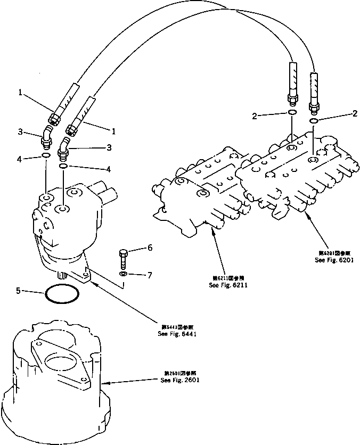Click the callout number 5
18,291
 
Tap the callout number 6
150,248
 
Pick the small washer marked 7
124,274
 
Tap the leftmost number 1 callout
20,92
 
